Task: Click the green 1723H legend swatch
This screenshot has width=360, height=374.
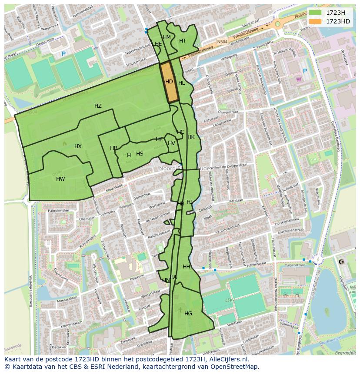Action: (315, 13)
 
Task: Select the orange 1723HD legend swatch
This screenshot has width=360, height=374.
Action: (315, 21)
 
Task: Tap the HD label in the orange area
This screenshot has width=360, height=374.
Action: (169, 82)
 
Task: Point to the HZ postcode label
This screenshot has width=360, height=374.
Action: (98, 106)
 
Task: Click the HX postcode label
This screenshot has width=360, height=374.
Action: (78, 146)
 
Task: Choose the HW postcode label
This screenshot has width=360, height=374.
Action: (60, 179)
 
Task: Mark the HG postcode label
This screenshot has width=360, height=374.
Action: (188, 313)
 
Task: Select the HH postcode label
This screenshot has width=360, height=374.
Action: (187, 267)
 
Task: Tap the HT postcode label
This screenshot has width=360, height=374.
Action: (183, 41)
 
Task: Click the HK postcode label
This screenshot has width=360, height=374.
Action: (191, 137)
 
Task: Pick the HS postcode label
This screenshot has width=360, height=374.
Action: (140, 154)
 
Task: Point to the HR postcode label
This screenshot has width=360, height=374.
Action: (113, 148)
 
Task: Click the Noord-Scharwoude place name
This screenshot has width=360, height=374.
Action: (184, 168)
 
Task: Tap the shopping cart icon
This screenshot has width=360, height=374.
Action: (298, 79)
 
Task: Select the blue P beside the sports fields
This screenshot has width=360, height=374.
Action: (63, 54)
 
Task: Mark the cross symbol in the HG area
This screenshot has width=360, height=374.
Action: (180, 310)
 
